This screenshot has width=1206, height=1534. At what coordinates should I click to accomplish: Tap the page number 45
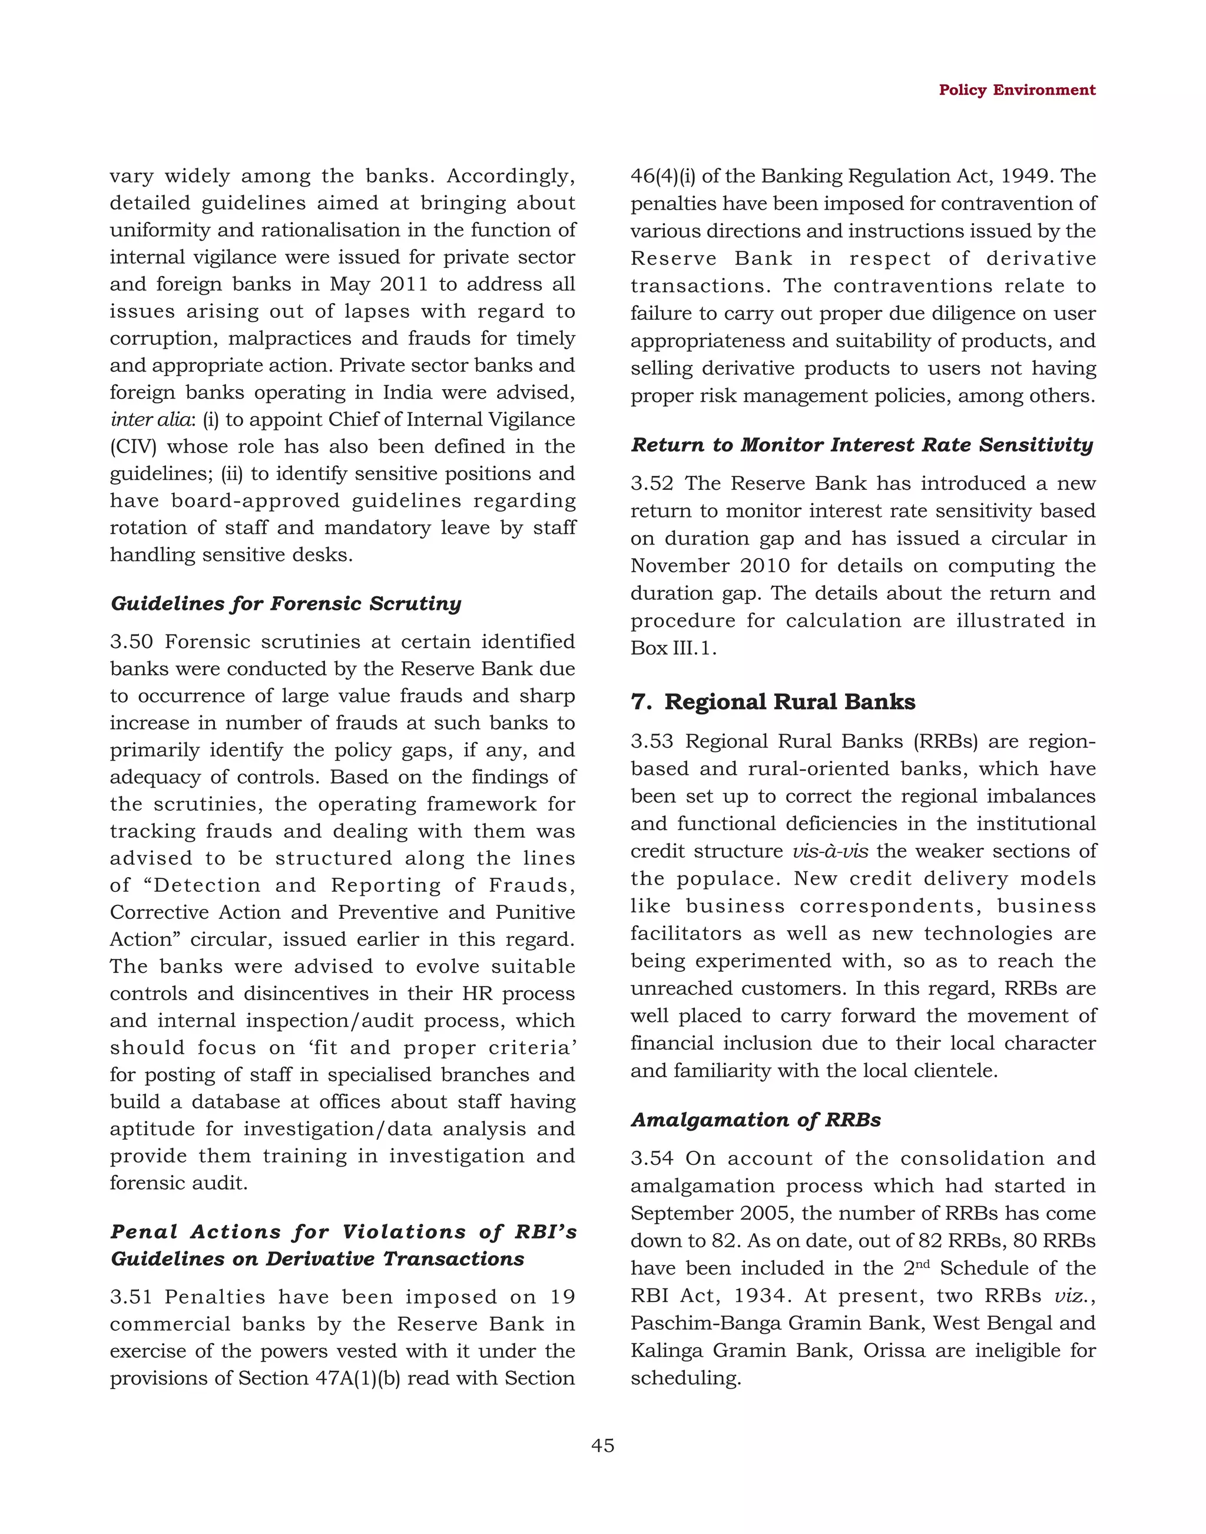602,1445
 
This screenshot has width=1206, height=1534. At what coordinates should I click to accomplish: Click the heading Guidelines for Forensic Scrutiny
286,603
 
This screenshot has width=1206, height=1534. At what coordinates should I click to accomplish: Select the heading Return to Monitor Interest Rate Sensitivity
862,445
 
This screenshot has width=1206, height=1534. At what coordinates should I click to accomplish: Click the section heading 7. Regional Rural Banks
773,702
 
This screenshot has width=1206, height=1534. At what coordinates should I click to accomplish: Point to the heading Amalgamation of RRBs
756,1120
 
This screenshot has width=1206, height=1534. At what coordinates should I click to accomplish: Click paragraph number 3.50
131,642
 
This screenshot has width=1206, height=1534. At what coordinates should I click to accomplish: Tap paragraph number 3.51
131,1297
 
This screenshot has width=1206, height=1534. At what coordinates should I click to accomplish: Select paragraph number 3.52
652,483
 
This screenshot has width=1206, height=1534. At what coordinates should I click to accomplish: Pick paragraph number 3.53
652,741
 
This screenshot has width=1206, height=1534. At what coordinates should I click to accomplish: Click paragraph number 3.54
652,1158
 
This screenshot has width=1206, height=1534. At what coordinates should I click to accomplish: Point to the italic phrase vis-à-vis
830,851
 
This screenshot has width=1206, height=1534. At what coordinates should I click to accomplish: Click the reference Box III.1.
673,648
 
